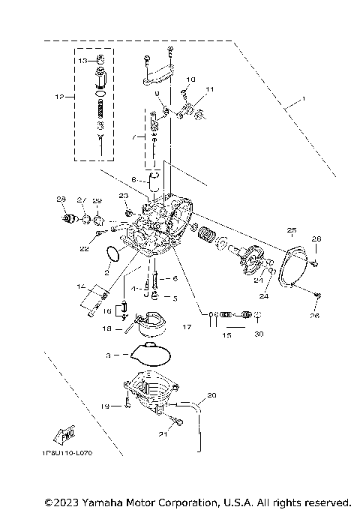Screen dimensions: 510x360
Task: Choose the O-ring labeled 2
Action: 112,255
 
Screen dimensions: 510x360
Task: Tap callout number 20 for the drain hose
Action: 211,395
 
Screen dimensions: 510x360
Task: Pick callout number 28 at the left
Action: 61,199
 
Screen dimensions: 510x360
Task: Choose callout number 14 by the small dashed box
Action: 80,286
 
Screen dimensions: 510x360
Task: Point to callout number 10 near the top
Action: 190,79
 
